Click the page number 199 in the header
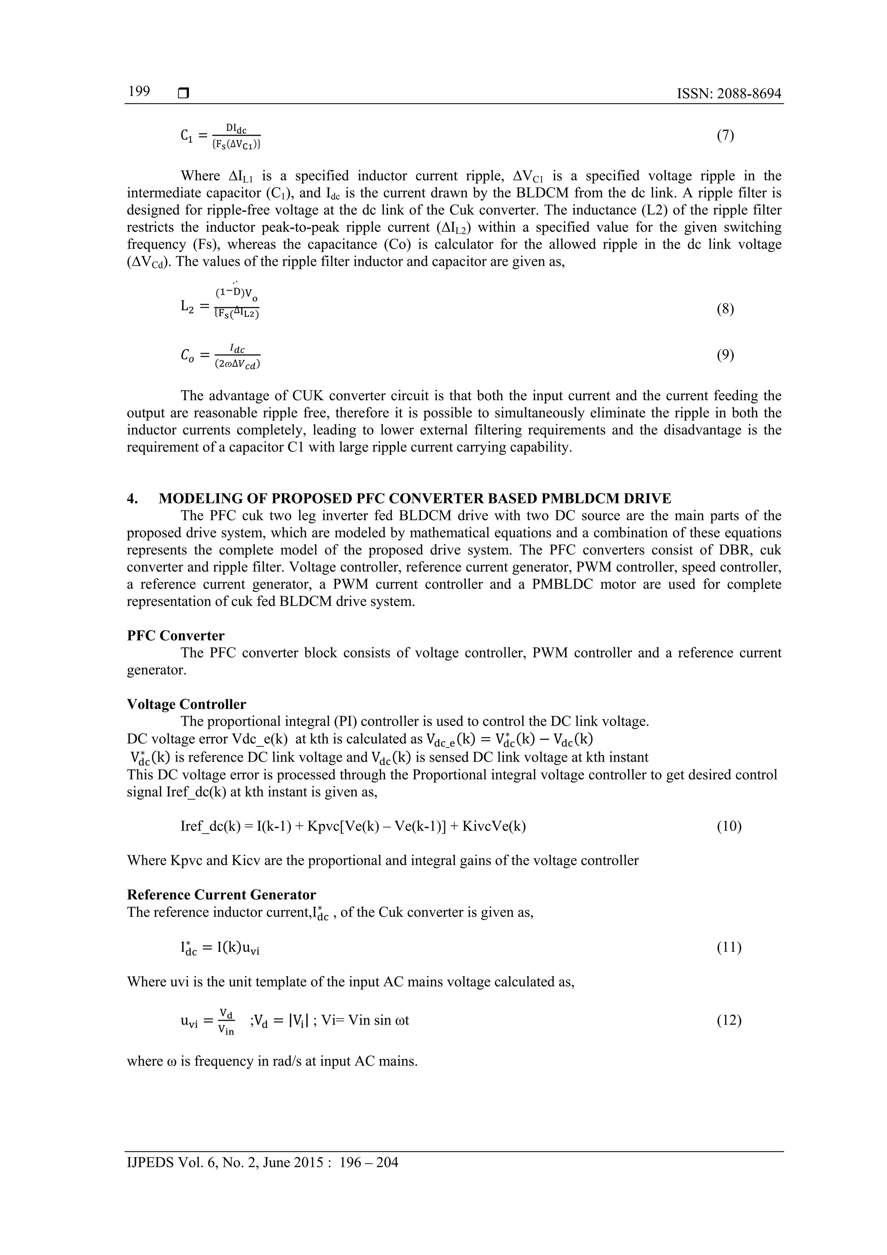click(139, 92)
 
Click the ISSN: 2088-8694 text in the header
click(728, 94)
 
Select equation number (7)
click(725, 136)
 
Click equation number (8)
click(725, 309)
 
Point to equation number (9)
click(725, 355)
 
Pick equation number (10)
click(728, 826)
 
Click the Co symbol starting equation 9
click(187, 356)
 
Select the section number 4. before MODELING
click(132, 499)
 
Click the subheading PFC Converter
click(175, 636)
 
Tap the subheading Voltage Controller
click(186, 704)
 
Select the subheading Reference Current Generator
click(221, 895)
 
